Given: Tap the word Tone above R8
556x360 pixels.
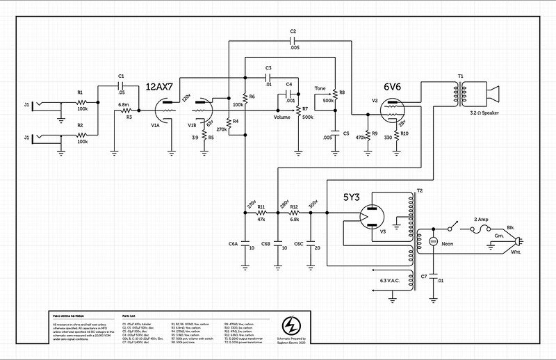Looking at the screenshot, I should coord(321,88).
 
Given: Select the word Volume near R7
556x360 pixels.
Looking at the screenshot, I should coord(281,117).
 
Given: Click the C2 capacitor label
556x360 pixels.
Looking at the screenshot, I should coord(293,32).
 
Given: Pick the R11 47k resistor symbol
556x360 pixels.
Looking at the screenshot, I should coord(261,213).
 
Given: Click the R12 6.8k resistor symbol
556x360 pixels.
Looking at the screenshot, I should coord(294,213).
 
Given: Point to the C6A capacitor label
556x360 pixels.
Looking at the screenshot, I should coord(233,245).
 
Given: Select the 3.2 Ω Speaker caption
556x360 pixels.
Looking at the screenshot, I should coord(488,113).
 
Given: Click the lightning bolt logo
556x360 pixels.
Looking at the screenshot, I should coord(294,326).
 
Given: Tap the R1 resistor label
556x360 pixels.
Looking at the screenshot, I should coord(80,92).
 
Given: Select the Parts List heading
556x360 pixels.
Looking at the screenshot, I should coord(131,315).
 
